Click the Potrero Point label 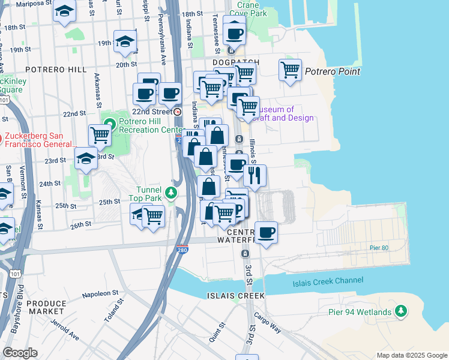333,71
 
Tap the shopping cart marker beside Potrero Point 291,70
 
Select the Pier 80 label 380,247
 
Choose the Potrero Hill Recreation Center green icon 109,125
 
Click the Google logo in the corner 20,353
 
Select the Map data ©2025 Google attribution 411,355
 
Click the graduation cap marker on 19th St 124,41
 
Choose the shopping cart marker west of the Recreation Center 100,136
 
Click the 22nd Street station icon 177,112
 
